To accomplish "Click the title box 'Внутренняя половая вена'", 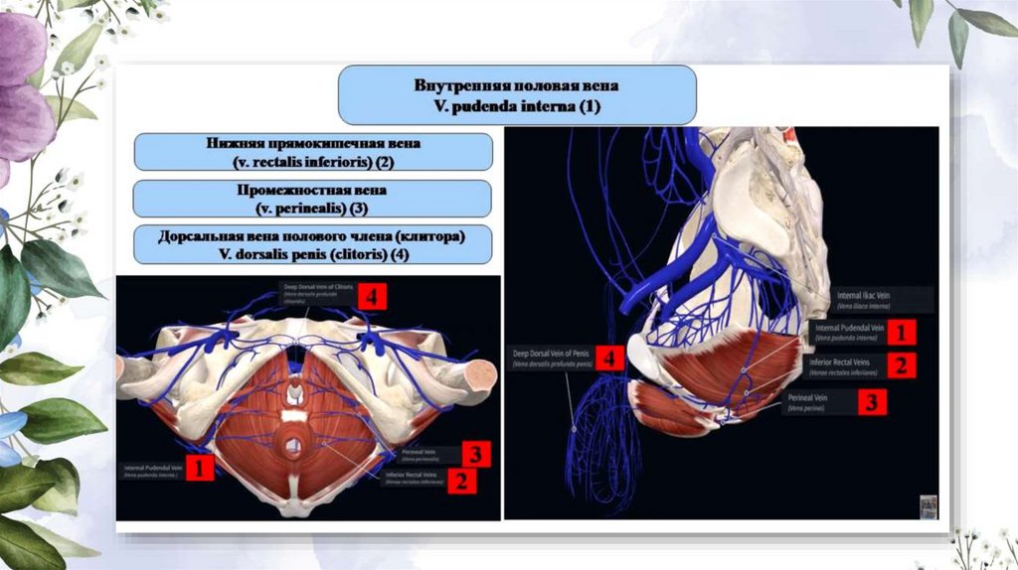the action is pos(516,94).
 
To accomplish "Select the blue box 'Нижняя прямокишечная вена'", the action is pos(313,152).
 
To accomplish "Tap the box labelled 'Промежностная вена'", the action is pos(313,199).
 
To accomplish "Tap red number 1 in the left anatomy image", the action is pos(201,467).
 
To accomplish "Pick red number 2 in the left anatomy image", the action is pos(460,482).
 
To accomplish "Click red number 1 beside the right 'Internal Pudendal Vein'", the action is pos(900,331).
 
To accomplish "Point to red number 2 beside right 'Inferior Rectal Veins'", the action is pos(901,365).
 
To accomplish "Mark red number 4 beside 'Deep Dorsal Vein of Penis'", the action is pos(610,357).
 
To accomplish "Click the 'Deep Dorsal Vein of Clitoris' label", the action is pos(318,289).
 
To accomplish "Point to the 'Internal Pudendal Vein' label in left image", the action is pos(153,469).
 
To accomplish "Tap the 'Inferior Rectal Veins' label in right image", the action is pos(840,365).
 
